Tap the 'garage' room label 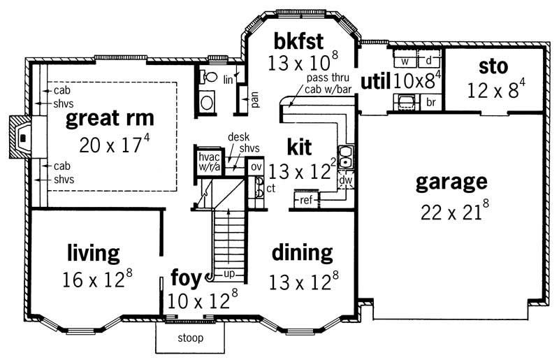(451, 182)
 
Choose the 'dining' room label (302, 252)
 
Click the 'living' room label (94, 252)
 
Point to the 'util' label (375, 82)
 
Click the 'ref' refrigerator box (306, 200)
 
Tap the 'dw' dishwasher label (344, 181)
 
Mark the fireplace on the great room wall (22, 137)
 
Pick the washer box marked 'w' (405, 60)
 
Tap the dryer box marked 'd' (428, 60)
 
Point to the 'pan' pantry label (255, 101)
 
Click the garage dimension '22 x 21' (451, 212)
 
